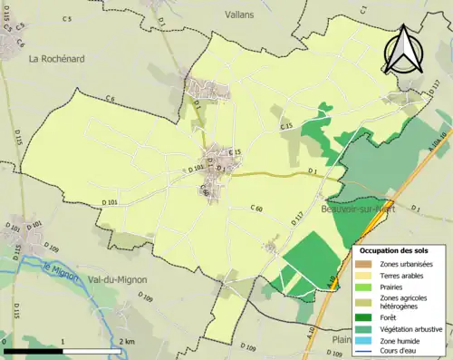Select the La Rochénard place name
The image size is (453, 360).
point(57,59)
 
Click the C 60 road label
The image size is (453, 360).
point(256,209)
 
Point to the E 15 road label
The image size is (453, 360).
point(236,151)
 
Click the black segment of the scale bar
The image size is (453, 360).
point(33,350)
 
